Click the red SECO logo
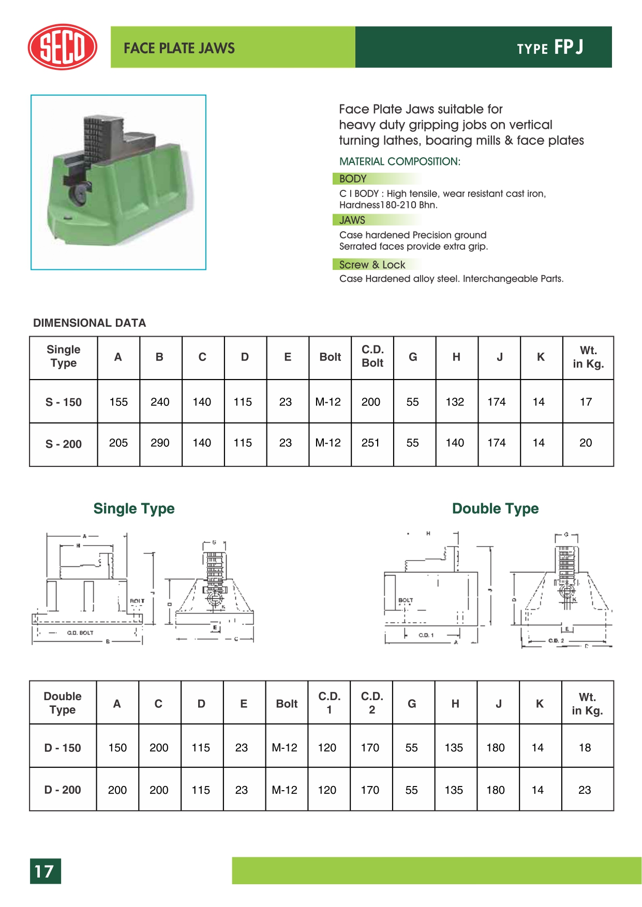(62, 47)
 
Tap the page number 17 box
(45, 871)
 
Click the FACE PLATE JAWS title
(179, 48)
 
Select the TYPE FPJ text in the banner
(550, 48)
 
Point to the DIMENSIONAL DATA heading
(89, 323)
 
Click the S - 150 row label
(64, 402)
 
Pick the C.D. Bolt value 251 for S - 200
(370, 443)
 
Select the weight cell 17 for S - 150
(586, 402)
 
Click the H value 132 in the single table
(455, 402)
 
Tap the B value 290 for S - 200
(160, 443)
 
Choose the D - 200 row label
(63, 790)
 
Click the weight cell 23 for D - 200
(585, 790)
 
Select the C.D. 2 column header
(371, 703)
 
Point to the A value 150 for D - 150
(117, 748)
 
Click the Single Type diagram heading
(134, 509)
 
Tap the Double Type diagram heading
(495, 509)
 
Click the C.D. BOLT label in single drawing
(80, 633)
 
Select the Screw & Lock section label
(372, 265)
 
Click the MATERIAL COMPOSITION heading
(399, 161)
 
